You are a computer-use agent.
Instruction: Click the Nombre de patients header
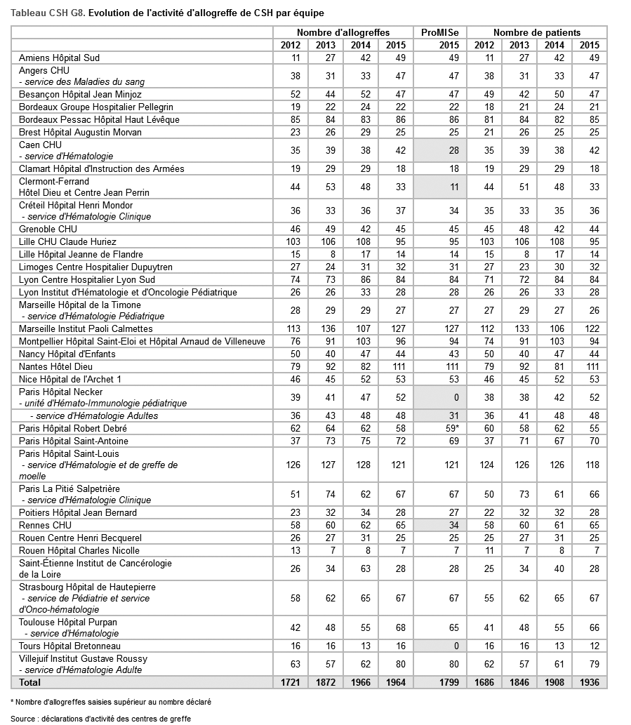[537, 32]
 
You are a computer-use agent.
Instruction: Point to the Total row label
[30, 682]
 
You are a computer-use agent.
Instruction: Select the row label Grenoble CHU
[48, 229]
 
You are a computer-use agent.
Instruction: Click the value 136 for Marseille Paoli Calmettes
[325, 328]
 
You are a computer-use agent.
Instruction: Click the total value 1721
[290, 682]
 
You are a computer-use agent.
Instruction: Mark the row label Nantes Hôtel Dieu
[55, 366]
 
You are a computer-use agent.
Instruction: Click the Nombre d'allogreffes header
[343, 32]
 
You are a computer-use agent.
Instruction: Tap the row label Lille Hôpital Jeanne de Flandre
[81, 254]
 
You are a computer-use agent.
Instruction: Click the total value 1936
[589, 682]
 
